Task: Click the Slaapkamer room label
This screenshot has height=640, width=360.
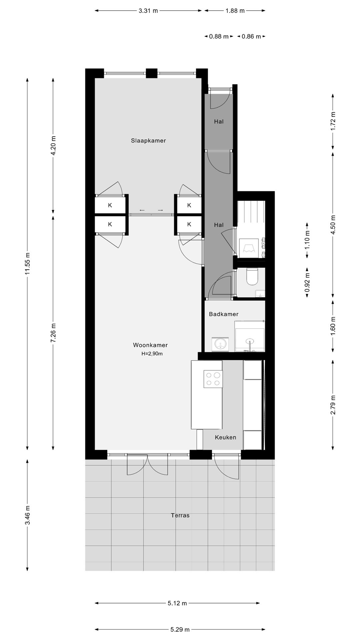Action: (148, 141)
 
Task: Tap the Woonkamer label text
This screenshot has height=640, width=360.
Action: (150, 345)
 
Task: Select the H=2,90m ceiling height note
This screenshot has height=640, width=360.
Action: (152, 354)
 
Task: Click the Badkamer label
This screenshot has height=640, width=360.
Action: (224, 314)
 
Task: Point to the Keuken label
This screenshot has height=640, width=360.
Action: (225, 437)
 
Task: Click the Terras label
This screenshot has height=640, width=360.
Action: (180, 515)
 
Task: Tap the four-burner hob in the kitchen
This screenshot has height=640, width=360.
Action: (213, 379)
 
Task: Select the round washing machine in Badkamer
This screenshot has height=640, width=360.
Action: (220, 344)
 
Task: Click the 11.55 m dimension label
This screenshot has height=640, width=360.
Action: (27, 263)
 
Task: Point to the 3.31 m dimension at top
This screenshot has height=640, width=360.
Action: (148, 11)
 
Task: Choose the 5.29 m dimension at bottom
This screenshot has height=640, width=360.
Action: (180, 629)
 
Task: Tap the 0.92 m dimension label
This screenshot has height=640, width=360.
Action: (307, 283)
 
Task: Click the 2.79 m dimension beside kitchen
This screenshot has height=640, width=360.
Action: (333, 405)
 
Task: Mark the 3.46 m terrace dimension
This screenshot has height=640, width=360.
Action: (27, 515)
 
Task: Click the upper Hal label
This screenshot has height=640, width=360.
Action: (219, 122)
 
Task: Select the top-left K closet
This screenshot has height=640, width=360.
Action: (110, 205)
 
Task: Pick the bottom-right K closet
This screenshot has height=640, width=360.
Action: (189, 224)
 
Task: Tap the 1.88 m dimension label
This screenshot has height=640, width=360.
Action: (235, 11)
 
